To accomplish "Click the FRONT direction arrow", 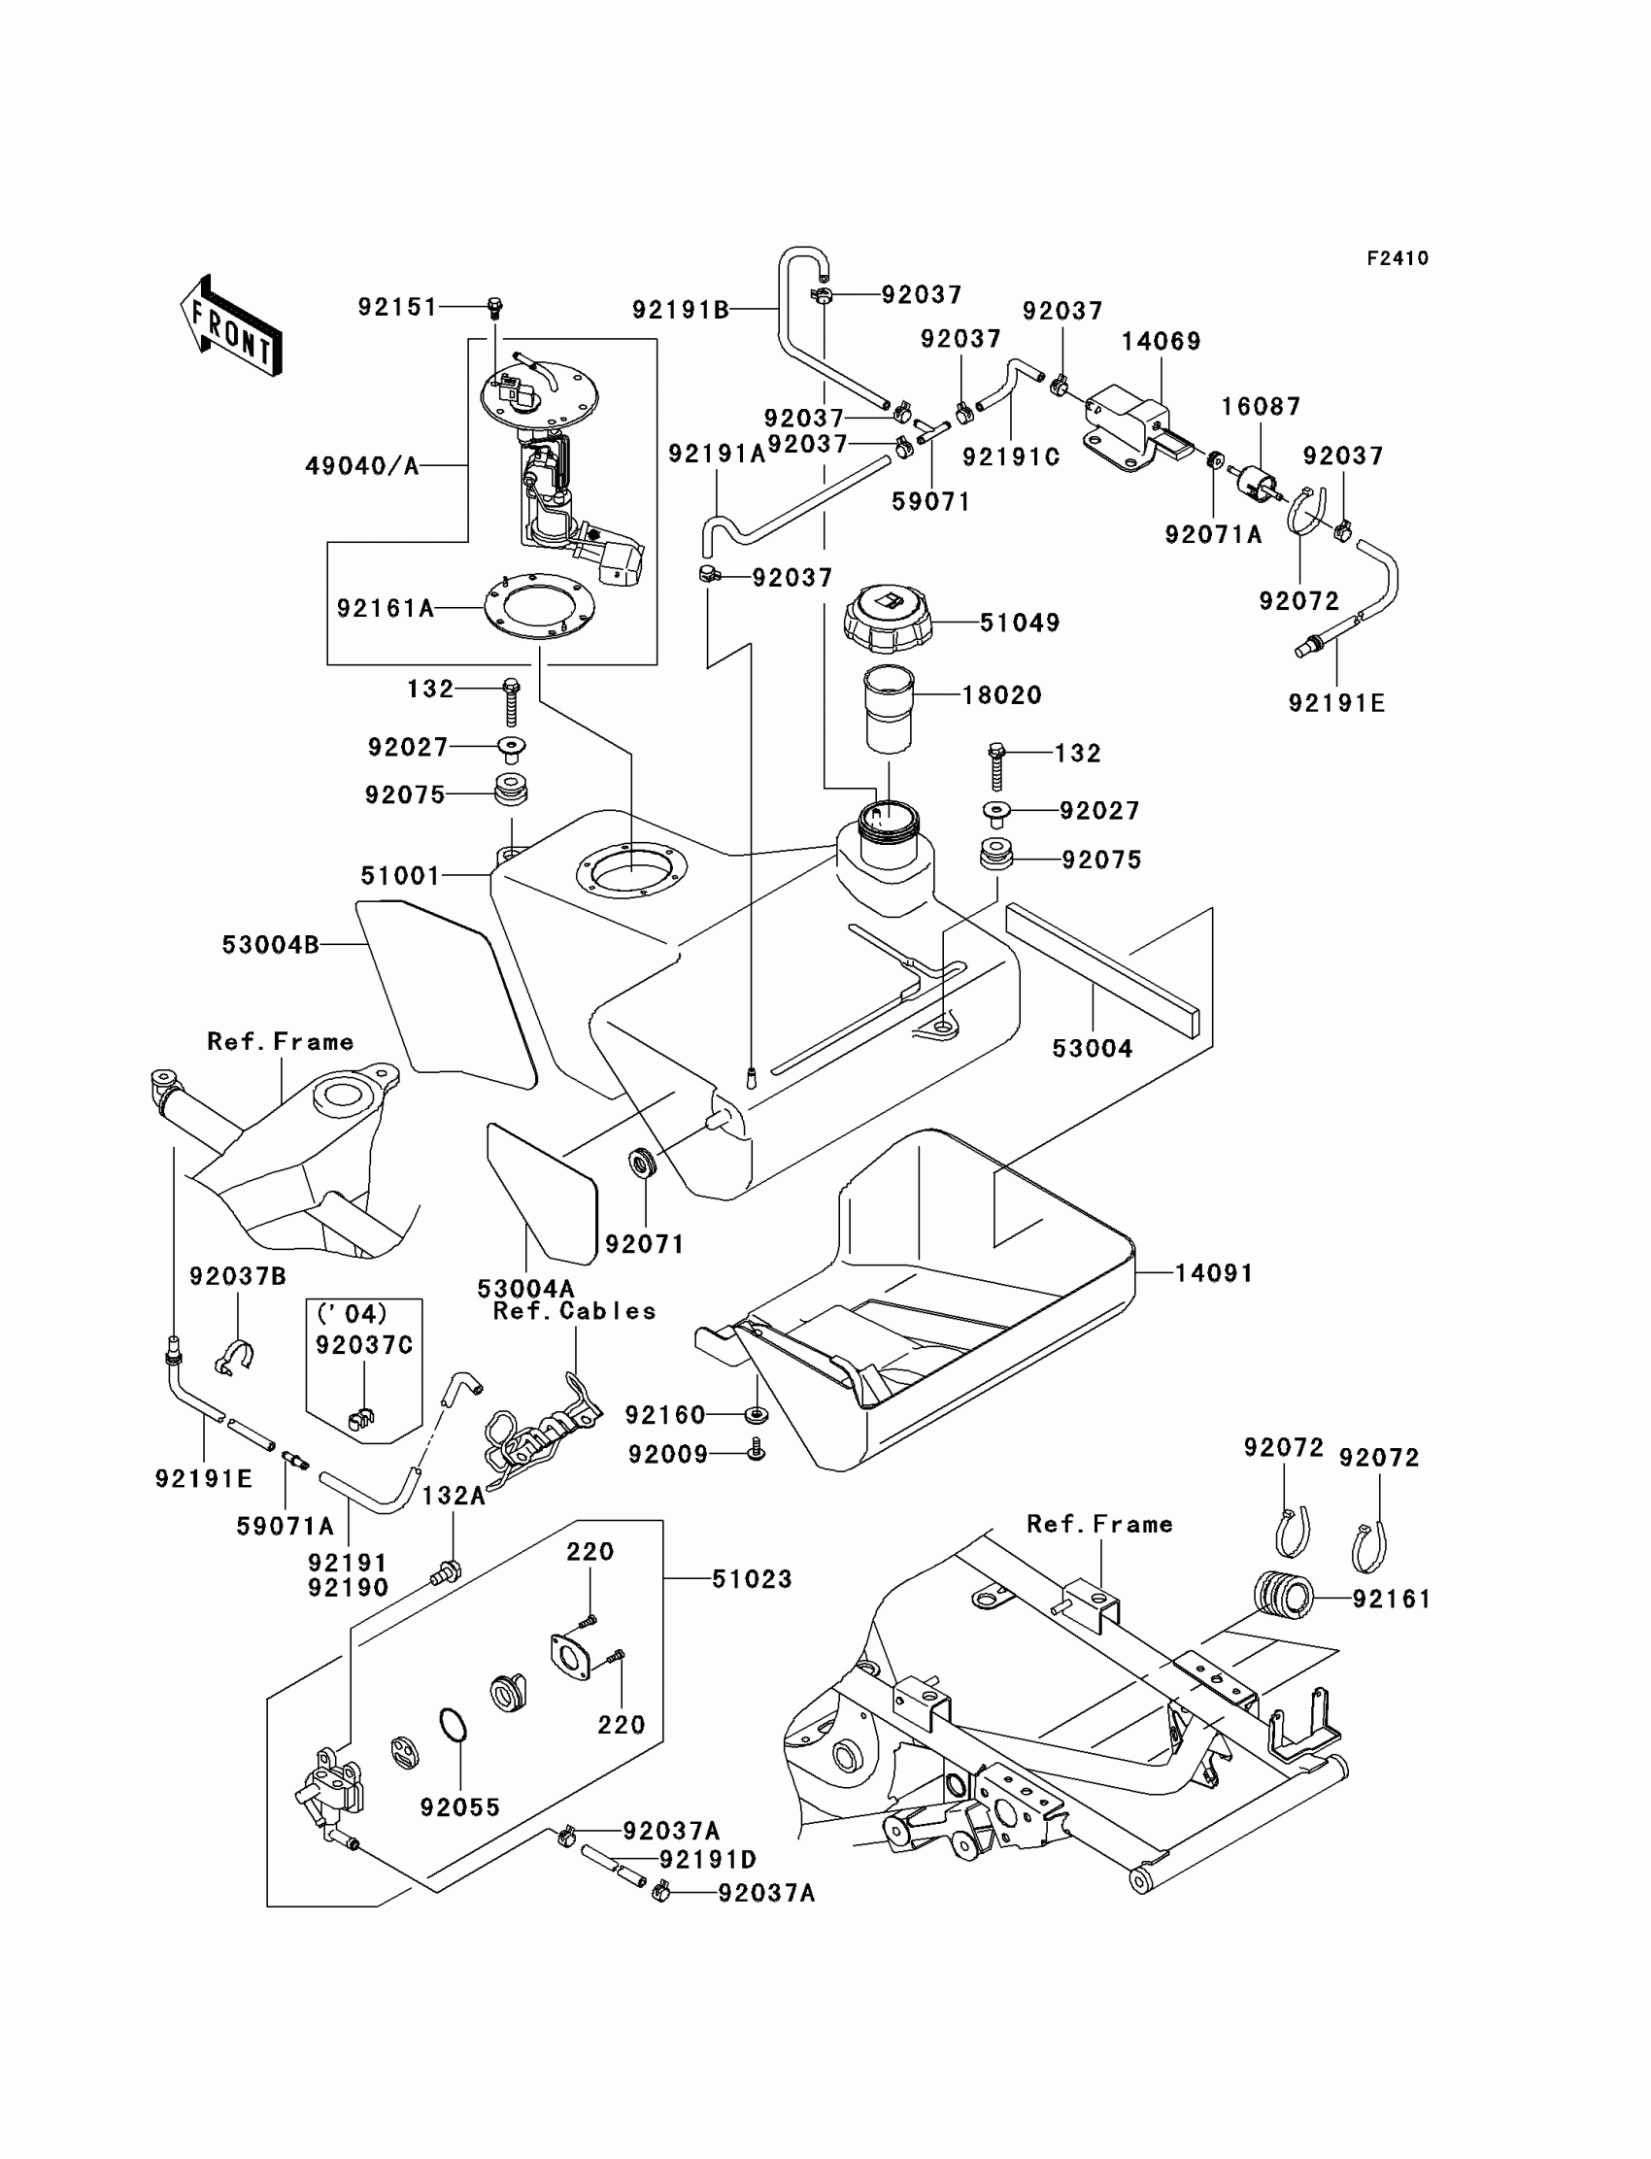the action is click(232, 325).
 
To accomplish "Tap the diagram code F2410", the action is click(1398, 258).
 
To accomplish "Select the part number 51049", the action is click(1020, 624).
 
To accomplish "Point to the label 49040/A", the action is click(362, 466).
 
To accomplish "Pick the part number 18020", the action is click(1001, 694).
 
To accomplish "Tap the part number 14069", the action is click(1162, 341).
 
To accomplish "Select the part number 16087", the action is click(1261, 406).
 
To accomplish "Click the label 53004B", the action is click(270, 944).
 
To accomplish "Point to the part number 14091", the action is click(1215, 1273).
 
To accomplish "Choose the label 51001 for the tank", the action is click(400, 876).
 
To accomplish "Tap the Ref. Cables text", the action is click(575, 1311).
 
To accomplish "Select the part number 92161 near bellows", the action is click(1392, 1599).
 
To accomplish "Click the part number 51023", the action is click(752, 1579).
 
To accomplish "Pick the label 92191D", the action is click(708, 1860).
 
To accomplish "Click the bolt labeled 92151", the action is click(495, 309).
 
